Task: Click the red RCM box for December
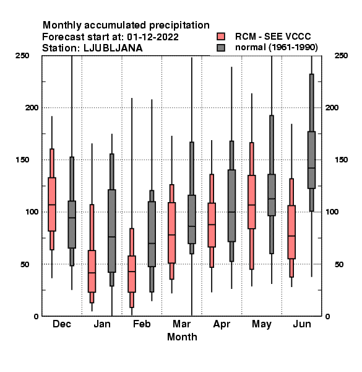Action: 52,204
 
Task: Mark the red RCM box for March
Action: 171,232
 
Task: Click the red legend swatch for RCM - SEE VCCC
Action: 221,37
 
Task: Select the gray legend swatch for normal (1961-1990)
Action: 221,48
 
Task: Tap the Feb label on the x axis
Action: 142,324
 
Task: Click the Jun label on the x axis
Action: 301,324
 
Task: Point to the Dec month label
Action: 62,324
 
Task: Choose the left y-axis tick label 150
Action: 22,160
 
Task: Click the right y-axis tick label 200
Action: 332,107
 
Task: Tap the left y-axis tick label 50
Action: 25,264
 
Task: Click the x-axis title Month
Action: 182,337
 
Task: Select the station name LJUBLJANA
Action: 113,48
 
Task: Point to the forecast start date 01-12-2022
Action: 153,37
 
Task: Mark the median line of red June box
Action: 291,236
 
